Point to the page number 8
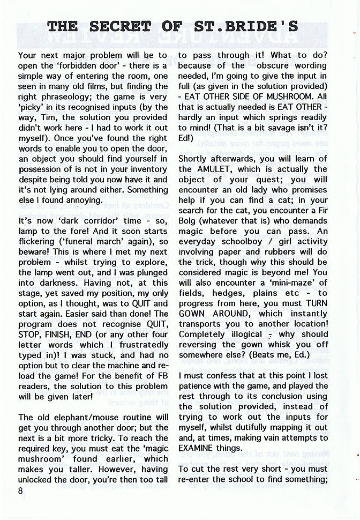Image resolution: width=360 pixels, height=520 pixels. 21,494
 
